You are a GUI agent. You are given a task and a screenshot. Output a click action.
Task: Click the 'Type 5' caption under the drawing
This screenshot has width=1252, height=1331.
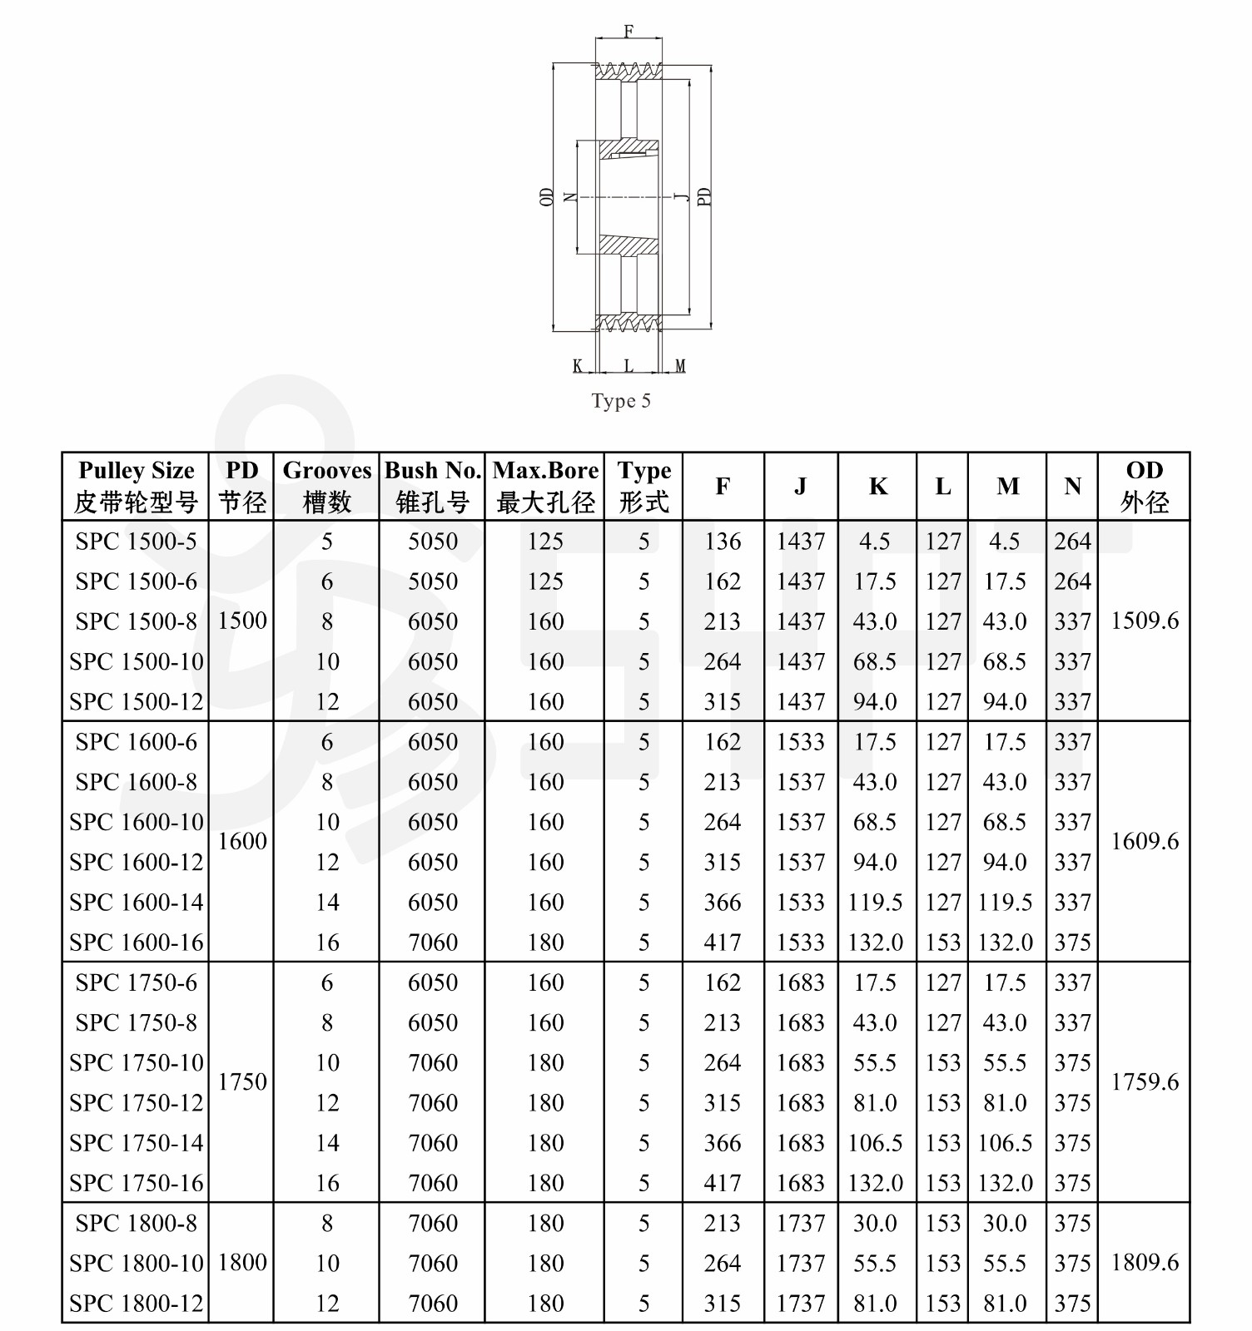point(621,401)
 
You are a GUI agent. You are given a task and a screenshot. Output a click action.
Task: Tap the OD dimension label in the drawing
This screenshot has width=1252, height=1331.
point(547,196)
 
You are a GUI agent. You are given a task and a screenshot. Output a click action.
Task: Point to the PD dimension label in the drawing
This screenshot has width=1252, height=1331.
point(704,196)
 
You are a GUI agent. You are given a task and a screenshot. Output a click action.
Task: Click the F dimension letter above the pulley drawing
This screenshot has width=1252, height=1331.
point(628,32)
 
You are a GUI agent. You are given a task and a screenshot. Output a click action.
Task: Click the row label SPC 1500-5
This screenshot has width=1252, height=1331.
point(136,542)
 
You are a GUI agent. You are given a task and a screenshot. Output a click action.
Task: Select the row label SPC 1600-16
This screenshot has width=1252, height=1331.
point(136,943)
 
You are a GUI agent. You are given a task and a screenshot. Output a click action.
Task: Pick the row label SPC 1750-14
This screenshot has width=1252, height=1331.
point(136,1143)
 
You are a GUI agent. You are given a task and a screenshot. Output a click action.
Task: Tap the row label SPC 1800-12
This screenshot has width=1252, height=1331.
point(136,1304)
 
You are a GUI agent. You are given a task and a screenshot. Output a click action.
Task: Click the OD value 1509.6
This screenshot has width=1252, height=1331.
point(1145,621)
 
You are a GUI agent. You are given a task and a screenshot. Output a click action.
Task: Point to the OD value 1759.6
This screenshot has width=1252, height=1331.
point(1145,1081)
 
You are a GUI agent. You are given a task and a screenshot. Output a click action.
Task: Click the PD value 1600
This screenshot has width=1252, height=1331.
point(242,841)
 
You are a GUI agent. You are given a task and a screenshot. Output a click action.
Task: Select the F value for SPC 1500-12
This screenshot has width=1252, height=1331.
point(722,702)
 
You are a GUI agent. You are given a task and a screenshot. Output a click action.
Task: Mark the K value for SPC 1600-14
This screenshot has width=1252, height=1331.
point(876,903)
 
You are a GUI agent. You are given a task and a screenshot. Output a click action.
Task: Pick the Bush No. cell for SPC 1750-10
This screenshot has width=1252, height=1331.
point(433,1063)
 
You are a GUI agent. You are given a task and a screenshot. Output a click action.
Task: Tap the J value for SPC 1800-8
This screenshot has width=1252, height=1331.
point(800,1224)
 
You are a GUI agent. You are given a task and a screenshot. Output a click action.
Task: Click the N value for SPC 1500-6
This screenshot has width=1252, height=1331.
point(1072,581)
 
